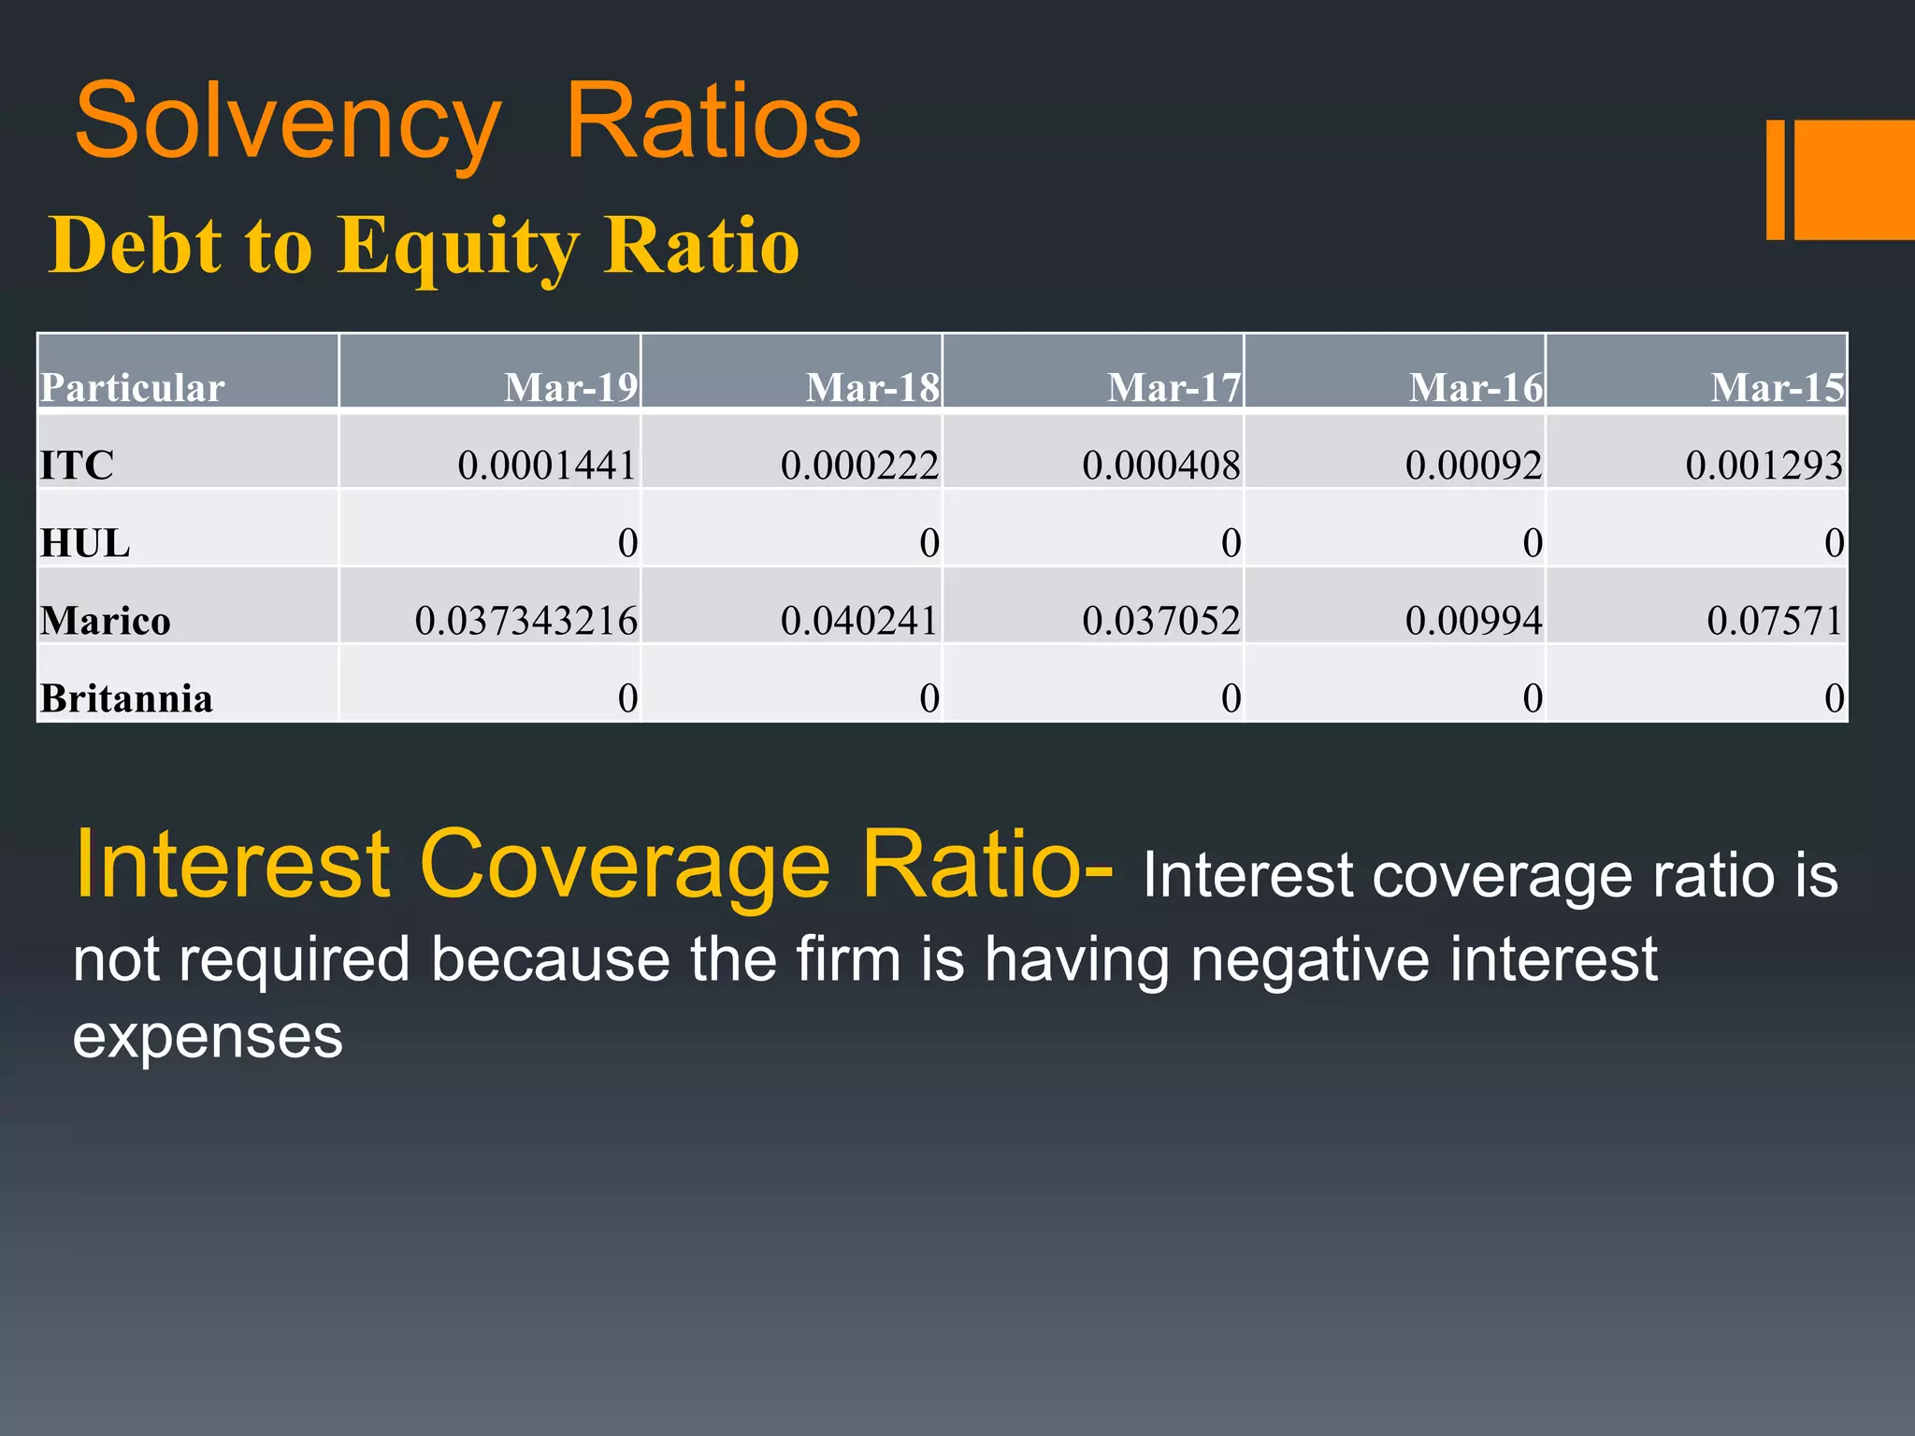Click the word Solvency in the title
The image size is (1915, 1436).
point(288,122)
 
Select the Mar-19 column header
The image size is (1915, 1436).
point(570,387)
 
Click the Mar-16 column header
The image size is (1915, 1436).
point(1476,387)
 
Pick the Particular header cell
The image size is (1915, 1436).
point(132,387)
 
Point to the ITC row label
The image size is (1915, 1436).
point(77,465)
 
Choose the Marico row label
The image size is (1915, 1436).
point(105,621)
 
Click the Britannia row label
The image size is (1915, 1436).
point(126,698)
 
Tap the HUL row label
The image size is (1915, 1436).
point(84,543)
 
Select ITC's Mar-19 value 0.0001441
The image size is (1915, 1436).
point(547,465)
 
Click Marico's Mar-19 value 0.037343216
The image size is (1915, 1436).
point(526,621)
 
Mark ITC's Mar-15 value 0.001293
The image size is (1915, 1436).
point(1764,465)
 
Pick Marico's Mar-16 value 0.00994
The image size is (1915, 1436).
point(1474,621)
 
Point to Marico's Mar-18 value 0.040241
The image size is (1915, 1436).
point(859,621)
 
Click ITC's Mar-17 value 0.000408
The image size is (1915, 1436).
point(1160,465)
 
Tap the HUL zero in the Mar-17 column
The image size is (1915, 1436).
point(1231,543)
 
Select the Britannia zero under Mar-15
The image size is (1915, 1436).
point(1834,698)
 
